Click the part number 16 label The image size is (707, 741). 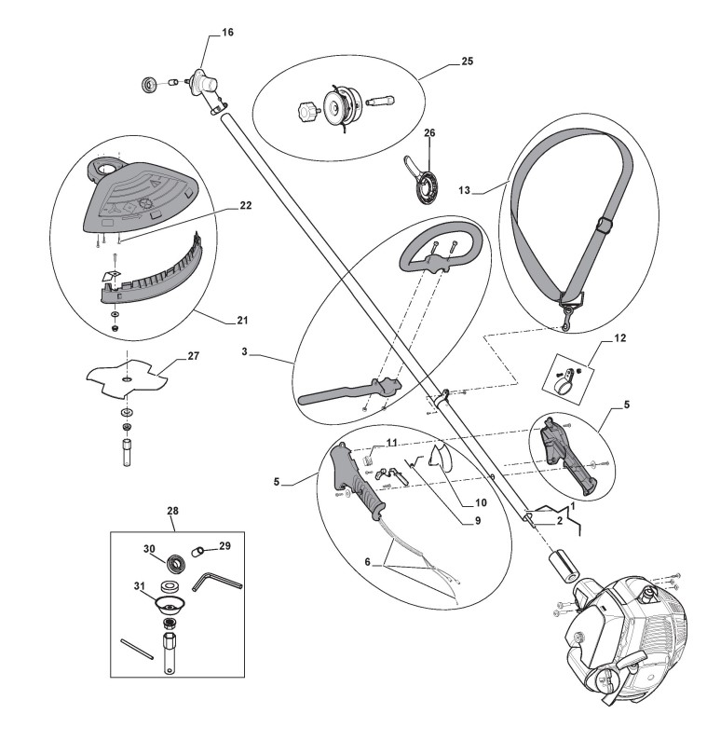pyautogui.click(x=228, y=33)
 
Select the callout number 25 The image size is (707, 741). pyautogui.click(x=468, y=62)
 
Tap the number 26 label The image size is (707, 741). pyautogui.click(x=429, y=133)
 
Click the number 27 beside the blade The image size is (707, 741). pyautogui.click(x=194, y=355)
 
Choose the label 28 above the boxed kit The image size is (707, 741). pyautogui.click(x=172, y=511)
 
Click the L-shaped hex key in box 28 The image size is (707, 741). pyautogui.click(x=215, y=583)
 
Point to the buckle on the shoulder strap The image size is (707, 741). pyautogui.click(x=604, y=225)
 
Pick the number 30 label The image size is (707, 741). pyautogui.click(x=148, y=548)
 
